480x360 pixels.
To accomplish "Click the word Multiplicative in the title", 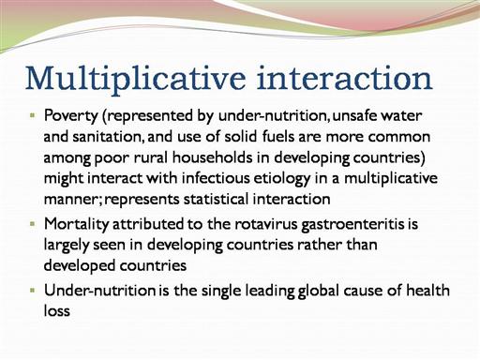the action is (x=135, y=79).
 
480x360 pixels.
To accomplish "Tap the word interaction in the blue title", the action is (x=344, y=77).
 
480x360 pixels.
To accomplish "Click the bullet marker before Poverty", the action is (x=33, y=115).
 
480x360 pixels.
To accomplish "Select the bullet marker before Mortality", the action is (x=33, y=224).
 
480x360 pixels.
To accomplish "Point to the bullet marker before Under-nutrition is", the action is (x=33, y=290).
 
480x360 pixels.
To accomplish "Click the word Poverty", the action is (x=71, y=116).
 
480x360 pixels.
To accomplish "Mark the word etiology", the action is (x=282, y=179).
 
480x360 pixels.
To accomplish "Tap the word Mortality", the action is (x=77, y=225).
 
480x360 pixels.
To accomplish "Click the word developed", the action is (x=80, y=265).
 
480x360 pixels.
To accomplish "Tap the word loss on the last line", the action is (x=57, y=310).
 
